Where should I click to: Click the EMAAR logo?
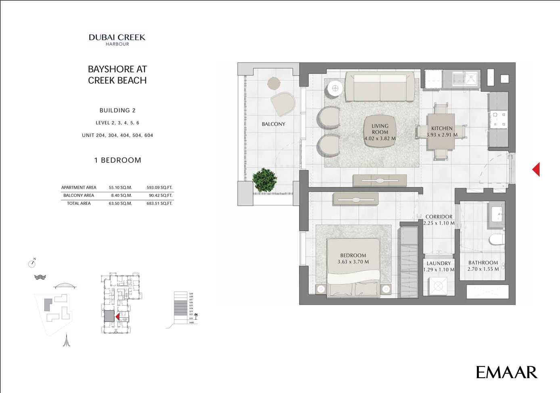(506, 372)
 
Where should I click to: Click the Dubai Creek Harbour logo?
(117, 40)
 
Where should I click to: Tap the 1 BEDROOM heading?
(118, 160)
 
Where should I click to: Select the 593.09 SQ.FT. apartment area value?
(159, 187)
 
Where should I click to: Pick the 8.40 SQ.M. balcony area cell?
(120, 195)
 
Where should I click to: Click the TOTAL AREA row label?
(79, 204)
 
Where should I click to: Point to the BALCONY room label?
(273, 124)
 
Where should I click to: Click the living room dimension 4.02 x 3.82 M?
(380, 138)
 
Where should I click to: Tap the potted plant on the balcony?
(265, 180)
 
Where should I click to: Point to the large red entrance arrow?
(536, 169)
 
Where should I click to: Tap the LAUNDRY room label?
(439, 263)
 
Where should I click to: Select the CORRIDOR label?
(439, 216)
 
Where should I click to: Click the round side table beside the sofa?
(335, 88)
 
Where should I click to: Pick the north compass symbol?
(32, 264)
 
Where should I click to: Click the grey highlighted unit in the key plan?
(109, 316)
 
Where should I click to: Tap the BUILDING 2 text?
(117, 110)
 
